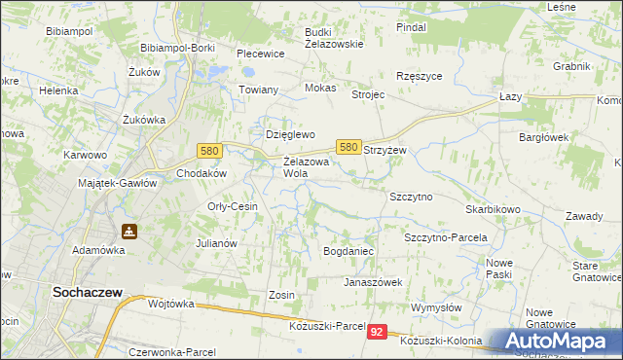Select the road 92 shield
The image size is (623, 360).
[x=379, y=333]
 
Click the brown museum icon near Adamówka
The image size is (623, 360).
[x=128, y=233]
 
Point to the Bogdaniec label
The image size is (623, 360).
[x=348, y=251]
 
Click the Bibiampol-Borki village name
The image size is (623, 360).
[x=177, y=48]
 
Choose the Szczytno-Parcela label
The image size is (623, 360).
[x=445, y=237]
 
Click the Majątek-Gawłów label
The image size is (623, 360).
[x=117, y=182]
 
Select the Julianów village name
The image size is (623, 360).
[x=217, y=243]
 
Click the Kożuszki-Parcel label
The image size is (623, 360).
[x=327, y=326]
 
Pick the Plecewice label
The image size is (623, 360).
[x=260, y=54]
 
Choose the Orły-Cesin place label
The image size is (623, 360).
[x=233, y=206]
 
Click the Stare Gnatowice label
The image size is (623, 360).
[x=598, y=271]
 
